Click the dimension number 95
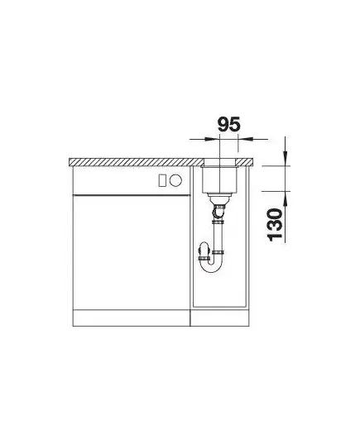[x=228, y=125]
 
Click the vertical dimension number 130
[x=275, y=225]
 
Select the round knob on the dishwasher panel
[x=175, y=180]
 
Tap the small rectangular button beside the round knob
[x=163, y=180]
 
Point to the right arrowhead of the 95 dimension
[x=245, y=139]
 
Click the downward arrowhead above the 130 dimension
[x=286, y=158]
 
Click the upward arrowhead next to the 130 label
[x=286, y=198]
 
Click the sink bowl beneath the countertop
[x=219, y=179]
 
